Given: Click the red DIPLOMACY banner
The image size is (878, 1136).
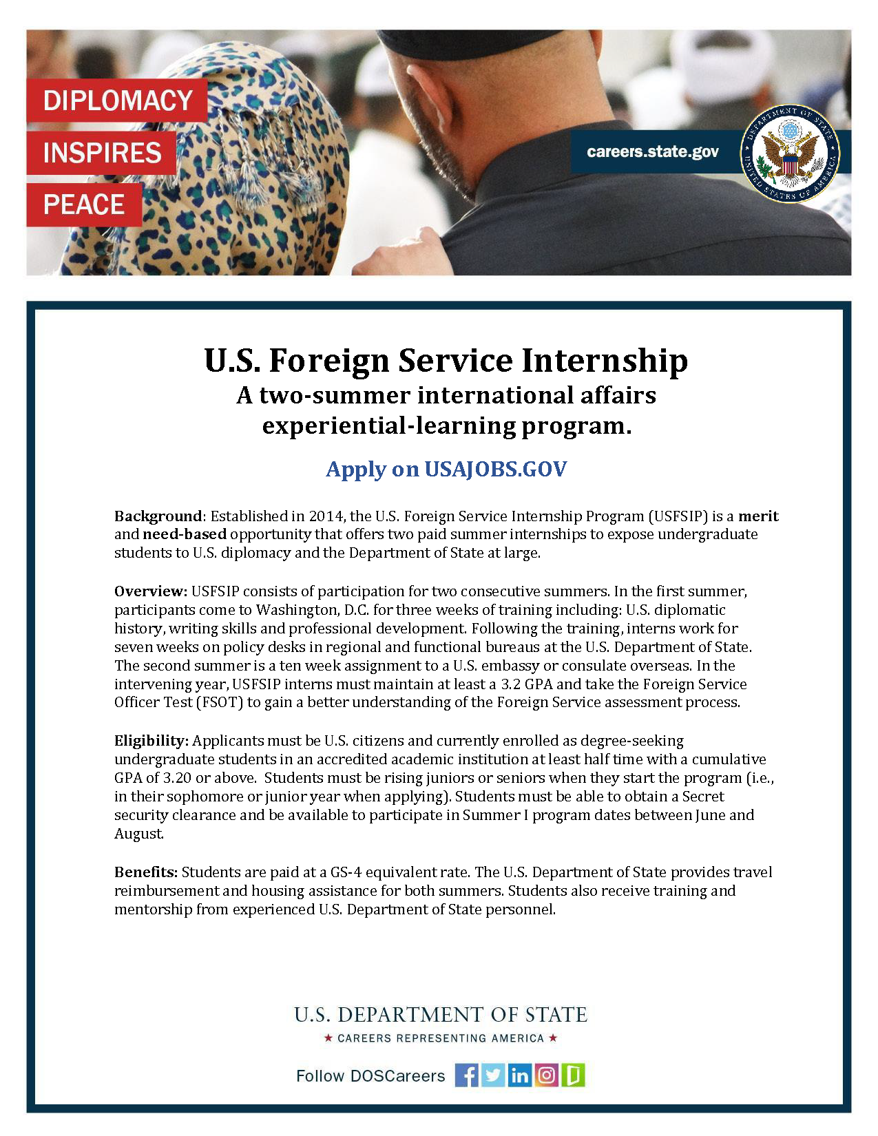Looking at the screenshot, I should [x=117, y=101].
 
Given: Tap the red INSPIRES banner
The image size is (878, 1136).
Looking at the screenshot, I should [x=102, y=153].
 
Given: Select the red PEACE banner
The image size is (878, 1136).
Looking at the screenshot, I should [x=84, y=204].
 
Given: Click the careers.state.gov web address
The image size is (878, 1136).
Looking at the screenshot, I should [x=652, y=151].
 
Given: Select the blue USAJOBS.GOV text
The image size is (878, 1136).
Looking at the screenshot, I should [x=495, y=469].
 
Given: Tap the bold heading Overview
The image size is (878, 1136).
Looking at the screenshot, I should [x=150, y=591].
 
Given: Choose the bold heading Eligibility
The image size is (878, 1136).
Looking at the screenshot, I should [x=151, y=741].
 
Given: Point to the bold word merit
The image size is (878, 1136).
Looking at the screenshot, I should [x=758, y=516].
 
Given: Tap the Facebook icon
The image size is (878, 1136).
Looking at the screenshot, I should [x=466, y=1075].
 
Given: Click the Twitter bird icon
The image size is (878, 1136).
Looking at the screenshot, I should [x=493, y=1075].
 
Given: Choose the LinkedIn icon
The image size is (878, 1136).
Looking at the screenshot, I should [x=520, y=1075].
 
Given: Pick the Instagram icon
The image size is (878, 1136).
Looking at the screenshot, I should [x=546, y=1075].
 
